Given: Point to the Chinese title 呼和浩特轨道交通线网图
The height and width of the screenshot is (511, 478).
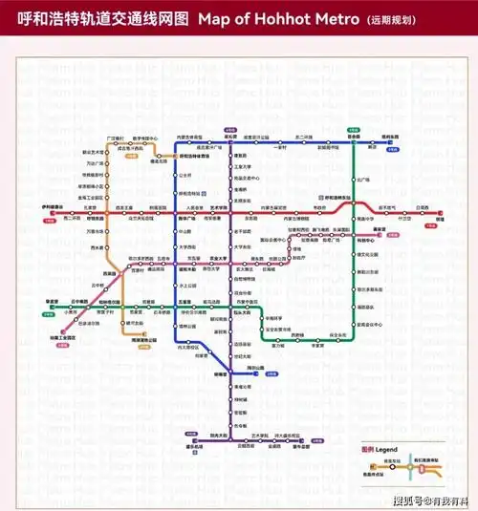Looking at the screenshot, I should pos(96,18).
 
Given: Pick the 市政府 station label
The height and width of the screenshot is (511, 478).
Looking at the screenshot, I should pos(320,207).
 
